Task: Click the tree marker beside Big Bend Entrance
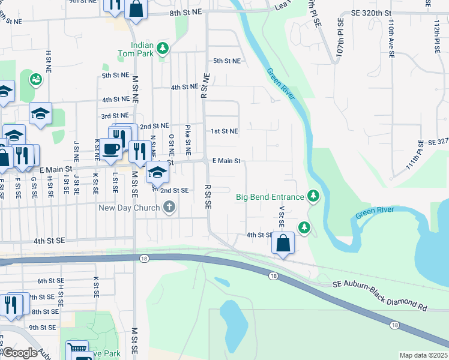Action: (x=313, y=196)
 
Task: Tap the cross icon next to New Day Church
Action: (x=169, y=208)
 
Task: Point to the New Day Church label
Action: (x=130, y=208)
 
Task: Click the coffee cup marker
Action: (x=111, y=149)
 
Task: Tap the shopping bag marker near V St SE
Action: (x=283, y=243)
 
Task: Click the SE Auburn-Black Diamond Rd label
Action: (x=379, y=298)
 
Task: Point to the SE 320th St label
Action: (x=372, y=13)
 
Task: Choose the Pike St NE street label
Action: (x=188, y=140)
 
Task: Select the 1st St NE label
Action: (x=224, y=131)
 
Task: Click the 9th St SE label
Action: (x=43, y=328)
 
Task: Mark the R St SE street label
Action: (x=207, y=196)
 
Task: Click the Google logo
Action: (x=20, y=353)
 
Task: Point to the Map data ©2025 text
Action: (x=423, y=355)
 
